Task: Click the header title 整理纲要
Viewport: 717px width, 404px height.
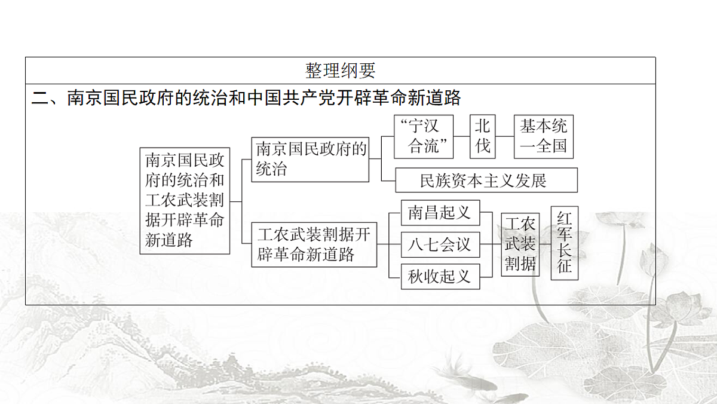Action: pyautogui.click(x=340, y=71)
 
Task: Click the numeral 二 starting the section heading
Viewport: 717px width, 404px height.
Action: pyautogui.click(x=40, y=97)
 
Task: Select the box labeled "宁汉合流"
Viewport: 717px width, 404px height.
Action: pyautogui.click(x=424, y=137)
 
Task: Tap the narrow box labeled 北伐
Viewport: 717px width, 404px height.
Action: pyautogui.click(x=482, y=137)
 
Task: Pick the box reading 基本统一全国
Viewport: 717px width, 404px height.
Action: pyautogui.click(x=544, y=137)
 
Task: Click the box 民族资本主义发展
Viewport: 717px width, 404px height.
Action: pyautogui.click(x=486, y=180)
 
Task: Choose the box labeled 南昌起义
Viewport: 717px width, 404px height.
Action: pyautogui.click(x=440, y=213)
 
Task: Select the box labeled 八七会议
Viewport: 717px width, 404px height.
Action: pyautogui.click(x=440, y=244)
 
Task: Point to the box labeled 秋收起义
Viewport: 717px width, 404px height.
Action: pyautogui.click(x=440, y=277)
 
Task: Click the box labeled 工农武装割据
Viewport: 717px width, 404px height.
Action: pyautogui.click(x=520, y=244)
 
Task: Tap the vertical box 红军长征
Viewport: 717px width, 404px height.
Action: pyautogui.click(x=564, y=243)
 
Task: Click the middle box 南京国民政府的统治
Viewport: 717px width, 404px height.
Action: pyautogui.click(x=310, y=160)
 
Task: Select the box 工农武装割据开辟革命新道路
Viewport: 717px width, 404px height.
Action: pyautogui.click(x=314, y=244)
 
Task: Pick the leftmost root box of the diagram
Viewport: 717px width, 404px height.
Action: pyautogui.click(x=185, y=201)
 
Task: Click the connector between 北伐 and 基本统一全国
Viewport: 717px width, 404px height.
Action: pyautogui.click(x=505, y=136)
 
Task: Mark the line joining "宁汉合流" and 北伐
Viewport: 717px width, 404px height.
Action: pyautogui.click(x=461, y=136)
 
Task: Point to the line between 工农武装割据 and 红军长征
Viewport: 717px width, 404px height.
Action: pyautogui.click(x=545, y=244)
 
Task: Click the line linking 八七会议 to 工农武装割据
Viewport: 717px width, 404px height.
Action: pyautogui.click(x=491, y=244)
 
